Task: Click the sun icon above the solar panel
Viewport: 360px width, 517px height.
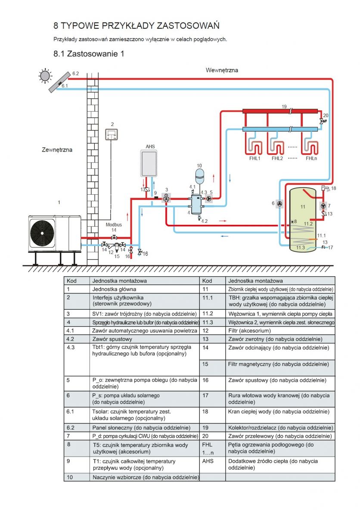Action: coord(45,76)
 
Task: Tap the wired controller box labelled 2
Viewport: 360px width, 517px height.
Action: coord(112,134)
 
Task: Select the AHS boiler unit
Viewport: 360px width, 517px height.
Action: coord(149,164)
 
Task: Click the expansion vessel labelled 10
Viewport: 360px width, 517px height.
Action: coord(199,176)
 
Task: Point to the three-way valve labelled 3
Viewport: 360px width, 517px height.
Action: coord(166,199)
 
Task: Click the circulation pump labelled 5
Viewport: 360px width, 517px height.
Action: coord(209,199)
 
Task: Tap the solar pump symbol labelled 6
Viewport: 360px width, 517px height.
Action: coord(279,203)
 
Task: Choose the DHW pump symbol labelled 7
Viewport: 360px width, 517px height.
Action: coord(323,206)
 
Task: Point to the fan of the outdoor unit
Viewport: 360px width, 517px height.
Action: coord(42,233)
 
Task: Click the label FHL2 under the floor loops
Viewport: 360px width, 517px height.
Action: coord(277,159)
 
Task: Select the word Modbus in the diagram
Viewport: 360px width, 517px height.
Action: coord(114,224)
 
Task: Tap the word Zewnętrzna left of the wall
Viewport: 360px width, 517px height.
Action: coord(57,150)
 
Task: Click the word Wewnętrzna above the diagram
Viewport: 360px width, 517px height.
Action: coord(222,70)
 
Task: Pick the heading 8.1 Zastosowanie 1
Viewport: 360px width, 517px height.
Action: coord(89,54)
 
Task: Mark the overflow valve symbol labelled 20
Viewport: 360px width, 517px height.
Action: coord(322,121)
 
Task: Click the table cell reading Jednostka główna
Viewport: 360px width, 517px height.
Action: coord(144,289)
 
